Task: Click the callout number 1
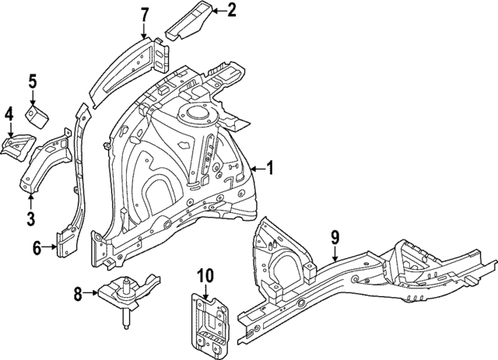click(x=270, y=166)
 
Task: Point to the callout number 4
click(x=9, y=116)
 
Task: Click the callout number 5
click(x=33, y=80)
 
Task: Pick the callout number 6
click(x=37, y=248)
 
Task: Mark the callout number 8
click(x=77, y=293)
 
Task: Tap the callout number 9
click(x=335, y=237)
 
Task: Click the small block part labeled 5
click(x=37, y=117)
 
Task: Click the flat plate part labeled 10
click(x=206, y=320)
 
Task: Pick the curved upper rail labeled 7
click(x=124, y=66)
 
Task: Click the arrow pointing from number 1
click(x=256, y=166)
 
